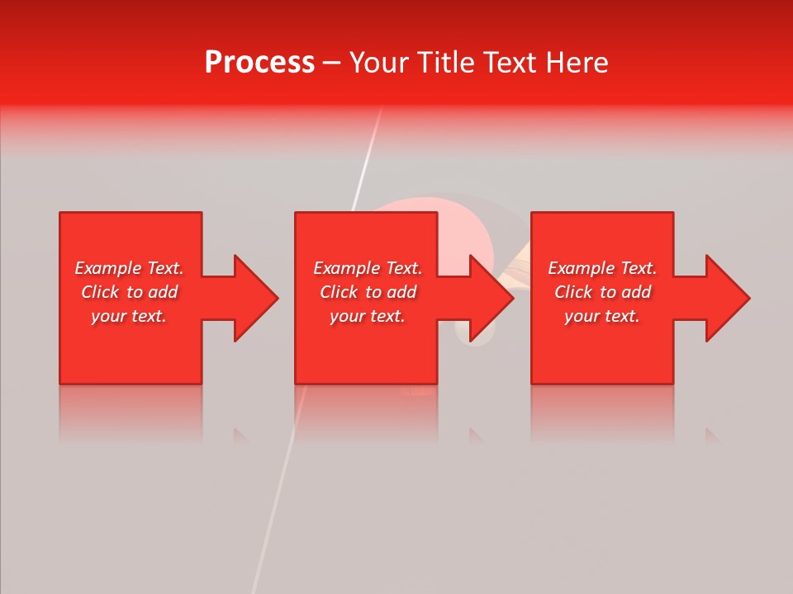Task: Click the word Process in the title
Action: tap(259, 63)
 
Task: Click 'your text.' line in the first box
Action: tap(129, 316)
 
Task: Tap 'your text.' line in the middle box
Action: tap(367, 316)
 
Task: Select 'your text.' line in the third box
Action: tap(602, 316)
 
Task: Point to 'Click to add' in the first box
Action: tap(129, 292)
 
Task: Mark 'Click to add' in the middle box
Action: tap(368, 292)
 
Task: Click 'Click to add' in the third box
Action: tap(602, 292)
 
